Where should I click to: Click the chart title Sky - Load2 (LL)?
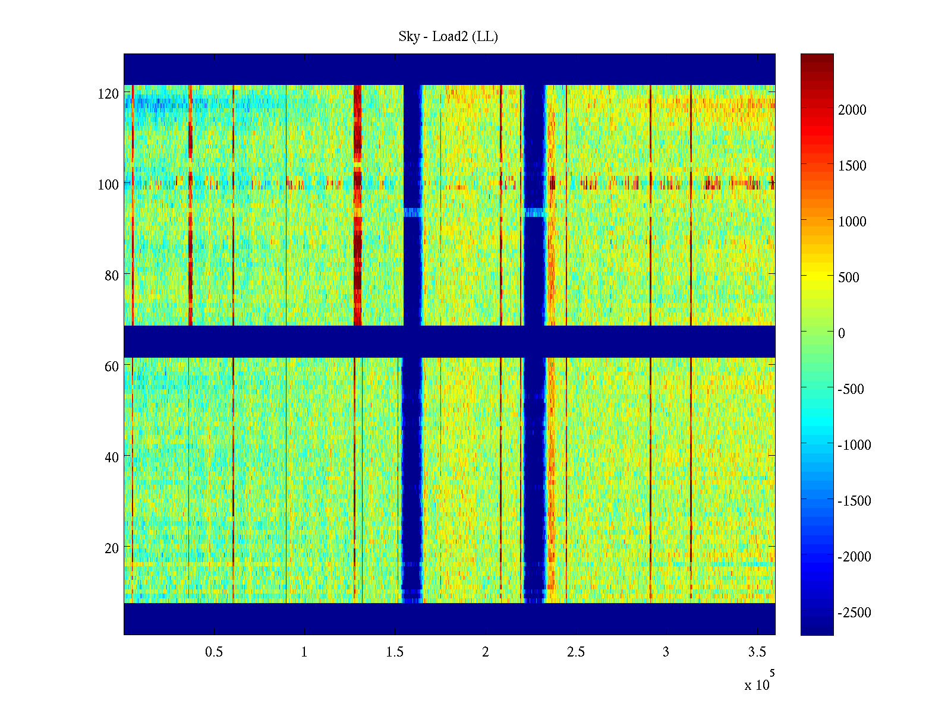pos(448,37)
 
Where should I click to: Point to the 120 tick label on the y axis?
pos(108,94)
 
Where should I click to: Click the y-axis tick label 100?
pos(108,185)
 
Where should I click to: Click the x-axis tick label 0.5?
pos(214,652)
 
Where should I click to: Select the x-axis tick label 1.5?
pos(395,652)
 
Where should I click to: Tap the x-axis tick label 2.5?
pos(575,652)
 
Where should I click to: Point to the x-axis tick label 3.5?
pos(757,652)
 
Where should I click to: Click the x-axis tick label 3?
pos(666,652)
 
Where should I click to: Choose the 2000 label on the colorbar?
pos(852,110)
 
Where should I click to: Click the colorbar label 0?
pos(841,333)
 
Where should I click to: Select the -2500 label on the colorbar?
pos(854,613)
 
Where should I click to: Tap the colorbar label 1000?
pos(852,222)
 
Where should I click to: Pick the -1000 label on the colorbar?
pos(854,445)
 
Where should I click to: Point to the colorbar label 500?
pos(849,277)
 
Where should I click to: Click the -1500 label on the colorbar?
pos(854,501)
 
